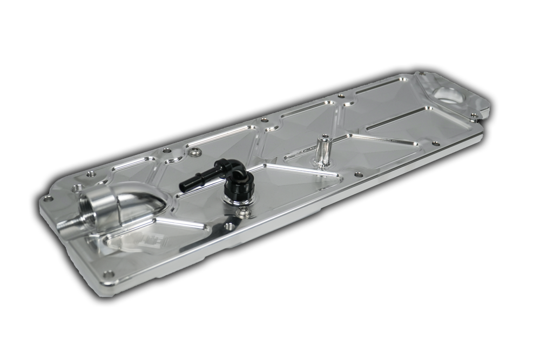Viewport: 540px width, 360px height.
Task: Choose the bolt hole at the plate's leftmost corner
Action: [x=48, y=199]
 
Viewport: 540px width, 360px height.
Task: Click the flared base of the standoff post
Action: [x=323, y=164]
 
